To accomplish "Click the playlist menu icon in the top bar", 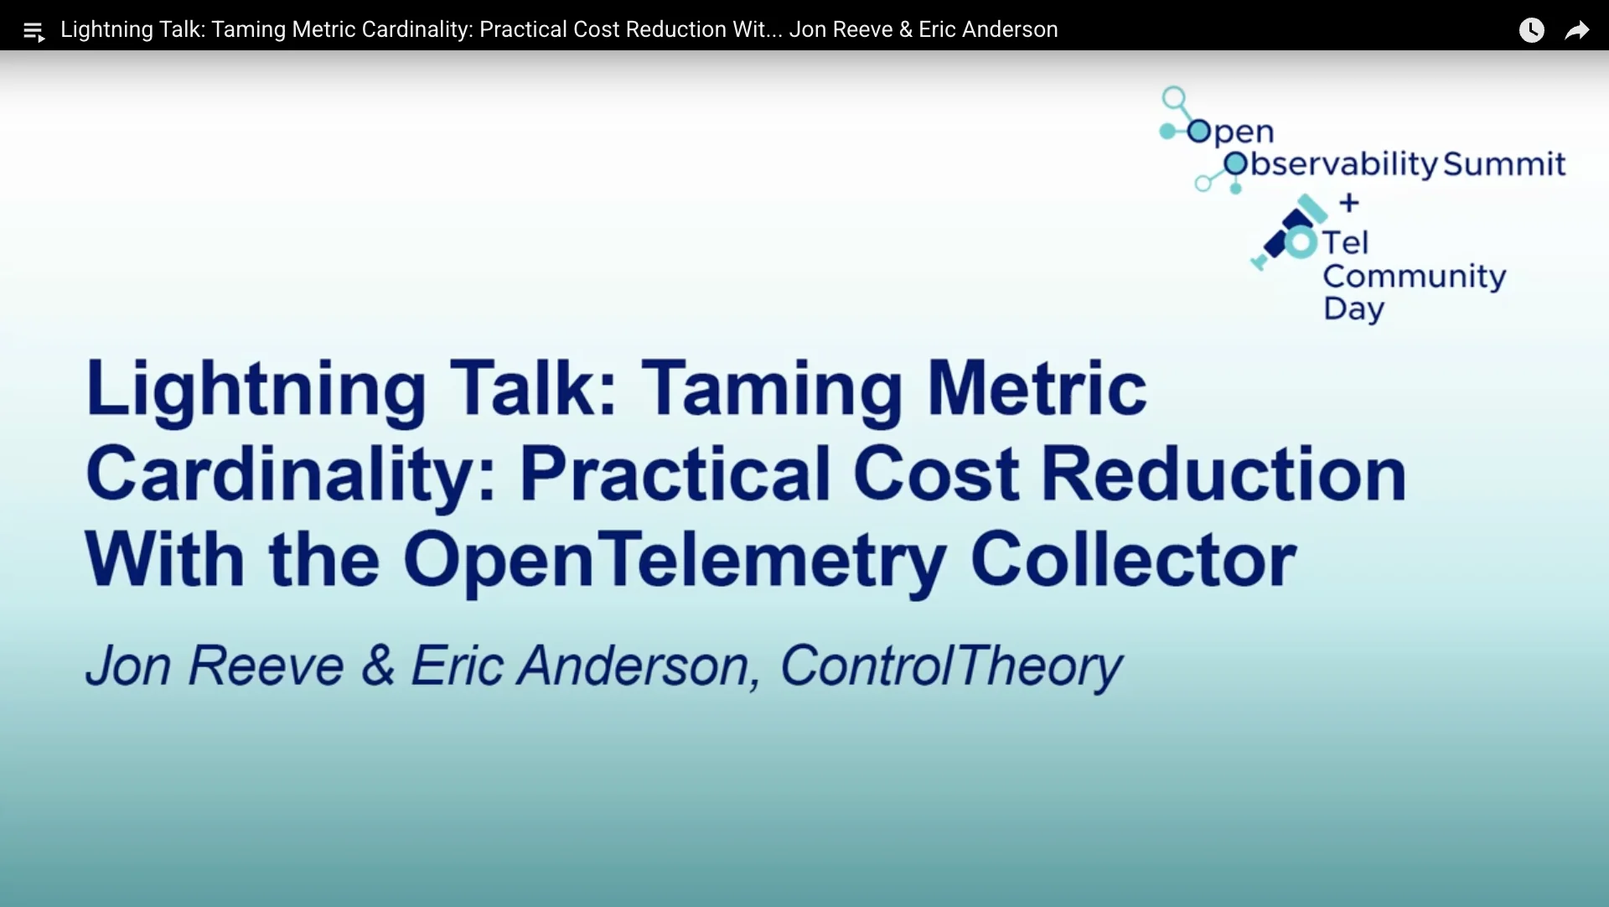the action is point(34,32).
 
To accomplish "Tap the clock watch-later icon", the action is point(1532,30).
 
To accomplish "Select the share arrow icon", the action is point(1577,31).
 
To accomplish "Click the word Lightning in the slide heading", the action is point(256,390).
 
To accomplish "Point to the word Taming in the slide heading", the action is point(772,390).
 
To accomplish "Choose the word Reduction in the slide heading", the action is point(1223,474).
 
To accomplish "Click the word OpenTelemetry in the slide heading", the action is point(675,561).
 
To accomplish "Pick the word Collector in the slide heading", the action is point(1133,559).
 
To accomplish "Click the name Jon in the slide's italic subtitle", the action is point(128,666).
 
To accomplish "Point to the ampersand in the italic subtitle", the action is point(378,666).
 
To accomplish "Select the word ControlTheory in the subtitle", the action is point(951,667).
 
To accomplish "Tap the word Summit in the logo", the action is point(1504,163).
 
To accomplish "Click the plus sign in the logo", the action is point(1349,203).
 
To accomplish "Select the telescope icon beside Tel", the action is point(1288,232).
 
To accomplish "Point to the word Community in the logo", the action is point(1415,277).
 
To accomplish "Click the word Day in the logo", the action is point(1354,309).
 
